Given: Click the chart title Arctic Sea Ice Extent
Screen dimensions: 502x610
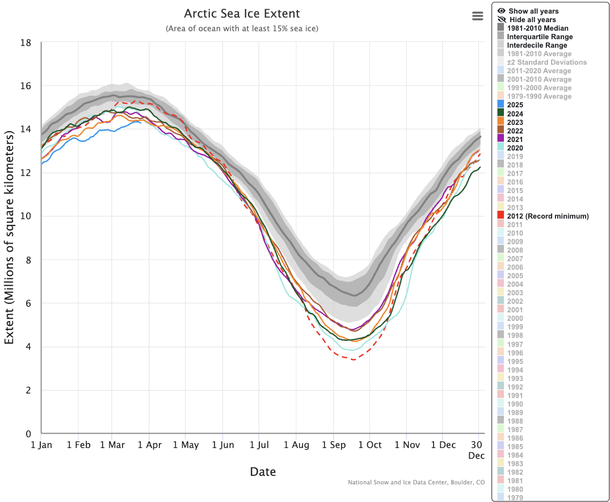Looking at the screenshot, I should coord(242,14).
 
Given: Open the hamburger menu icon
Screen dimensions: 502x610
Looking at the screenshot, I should coord(478,16).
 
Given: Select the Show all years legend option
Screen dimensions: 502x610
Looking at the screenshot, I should coord(533,11).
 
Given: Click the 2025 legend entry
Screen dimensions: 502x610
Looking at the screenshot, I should coord(515,105).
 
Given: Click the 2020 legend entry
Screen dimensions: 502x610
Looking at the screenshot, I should coord(515,148).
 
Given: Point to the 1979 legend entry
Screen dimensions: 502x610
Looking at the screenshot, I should coord(515,498).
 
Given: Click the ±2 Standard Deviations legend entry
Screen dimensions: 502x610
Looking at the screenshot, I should coord(546,62).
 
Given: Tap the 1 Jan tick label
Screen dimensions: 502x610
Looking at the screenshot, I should coord(41,445).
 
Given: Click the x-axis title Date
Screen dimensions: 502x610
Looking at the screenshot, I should coord(263,471).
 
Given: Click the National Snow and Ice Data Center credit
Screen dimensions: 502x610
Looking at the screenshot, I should coord(416,483).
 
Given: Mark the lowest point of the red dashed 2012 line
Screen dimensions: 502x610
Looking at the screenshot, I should coord(354,359).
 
